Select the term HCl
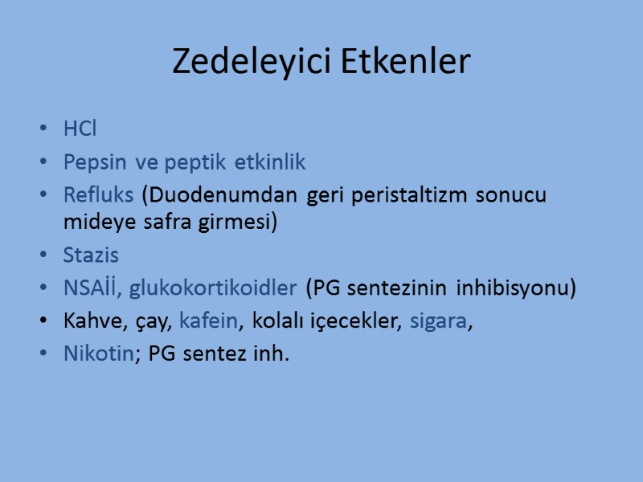[80, 129]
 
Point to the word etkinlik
[270, 162]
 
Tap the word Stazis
[90, 255]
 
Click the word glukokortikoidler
[213, 288]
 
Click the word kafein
[209, 321]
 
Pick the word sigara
[437, 321]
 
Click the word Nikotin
[98, 354]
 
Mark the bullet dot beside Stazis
[43, 256]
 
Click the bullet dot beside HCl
[43, 129]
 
